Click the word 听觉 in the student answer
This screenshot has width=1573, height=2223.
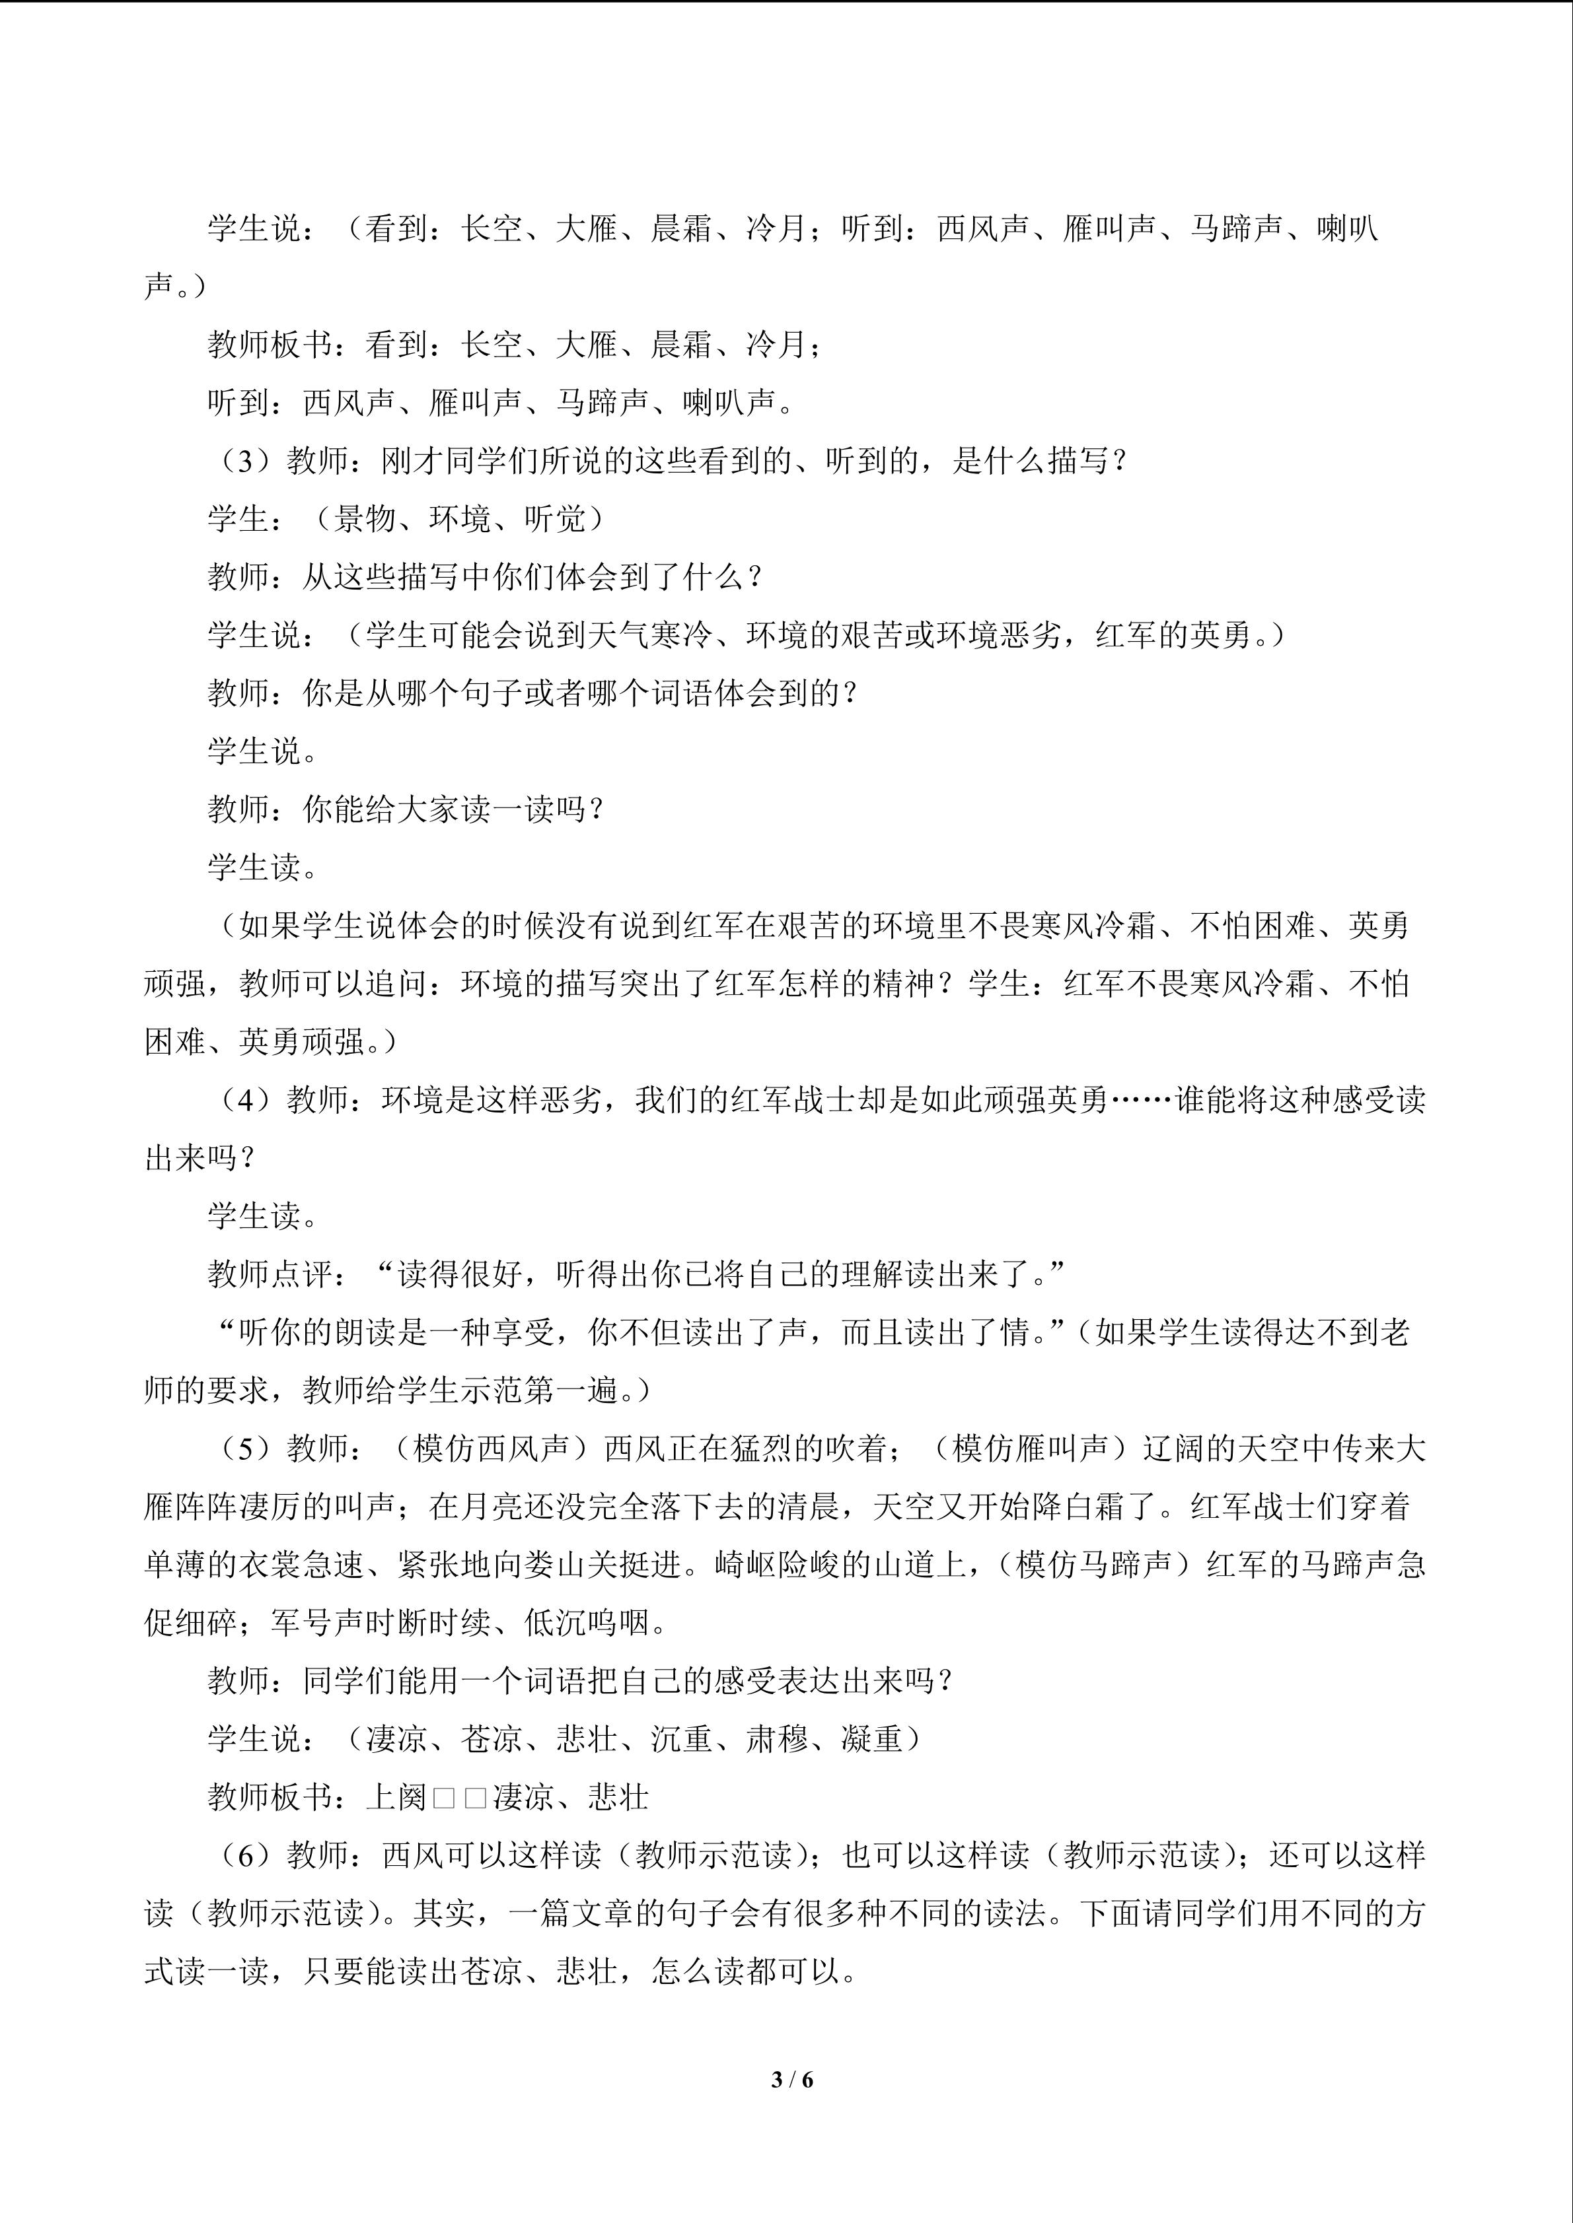pos(555,519)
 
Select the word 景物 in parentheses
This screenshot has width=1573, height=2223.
pos(365,519)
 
